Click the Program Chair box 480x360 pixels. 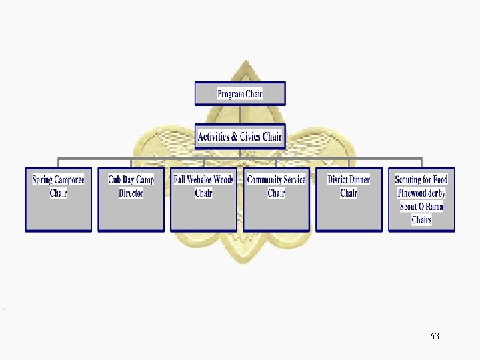240,93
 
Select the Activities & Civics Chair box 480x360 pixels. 240,137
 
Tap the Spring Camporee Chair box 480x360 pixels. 59,199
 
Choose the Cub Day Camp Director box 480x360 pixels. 131,199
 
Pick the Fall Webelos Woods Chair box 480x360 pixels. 203,199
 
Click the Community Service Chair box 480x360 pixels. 276,199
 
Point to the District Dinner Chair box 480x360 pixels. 349,199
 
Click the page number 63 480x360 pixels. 435,336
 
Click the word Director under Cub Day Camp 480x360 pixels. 131,193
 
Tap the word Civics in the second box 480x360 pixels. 251,137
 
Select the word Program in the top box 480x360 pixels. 231,94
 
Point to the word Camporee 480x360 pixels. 69,180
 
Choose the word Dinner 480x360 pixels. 359,180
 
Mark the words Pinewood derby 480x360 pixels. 421,193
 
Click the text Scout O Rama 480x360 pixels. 421,207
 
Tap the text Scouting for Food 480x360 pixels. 421,180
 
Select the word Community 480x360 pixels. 264,180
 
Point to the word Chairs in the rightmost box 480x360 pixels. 421,220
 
